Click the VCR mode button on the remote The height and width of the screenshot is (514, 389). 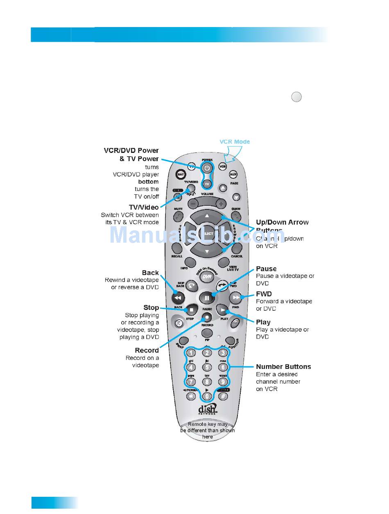tap(223, 167)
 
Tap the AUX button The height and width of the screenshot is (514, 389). tap(233, 174)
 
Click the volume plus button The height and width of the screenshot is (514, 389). tap(221, 203)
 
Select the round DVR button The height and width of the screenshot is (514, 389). tap(207, 277)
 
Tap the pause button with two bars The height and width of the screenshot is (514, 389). tap(207, 298)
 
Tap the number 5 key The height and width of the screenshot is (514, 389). tap(207, 368)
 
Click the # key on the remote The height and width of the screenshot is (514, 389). tap(223, 396)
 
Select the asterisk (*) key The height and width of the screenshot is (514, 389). tap(191, 396)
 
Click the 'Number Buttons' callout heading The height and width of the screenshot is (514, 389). tap(283, 367)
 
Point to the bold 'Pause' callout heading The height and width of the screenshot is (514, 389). tap(266, 269)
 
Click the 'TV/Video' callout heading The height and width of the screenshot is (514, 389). tap(144, 207)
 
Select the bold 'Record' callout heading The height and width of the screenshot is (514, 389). tap(147, 350)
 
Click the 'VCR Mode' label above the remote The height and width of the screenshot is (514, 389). tap(235, 142)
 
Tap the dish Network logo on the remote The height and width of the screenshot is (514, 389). tap(208, 410)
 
